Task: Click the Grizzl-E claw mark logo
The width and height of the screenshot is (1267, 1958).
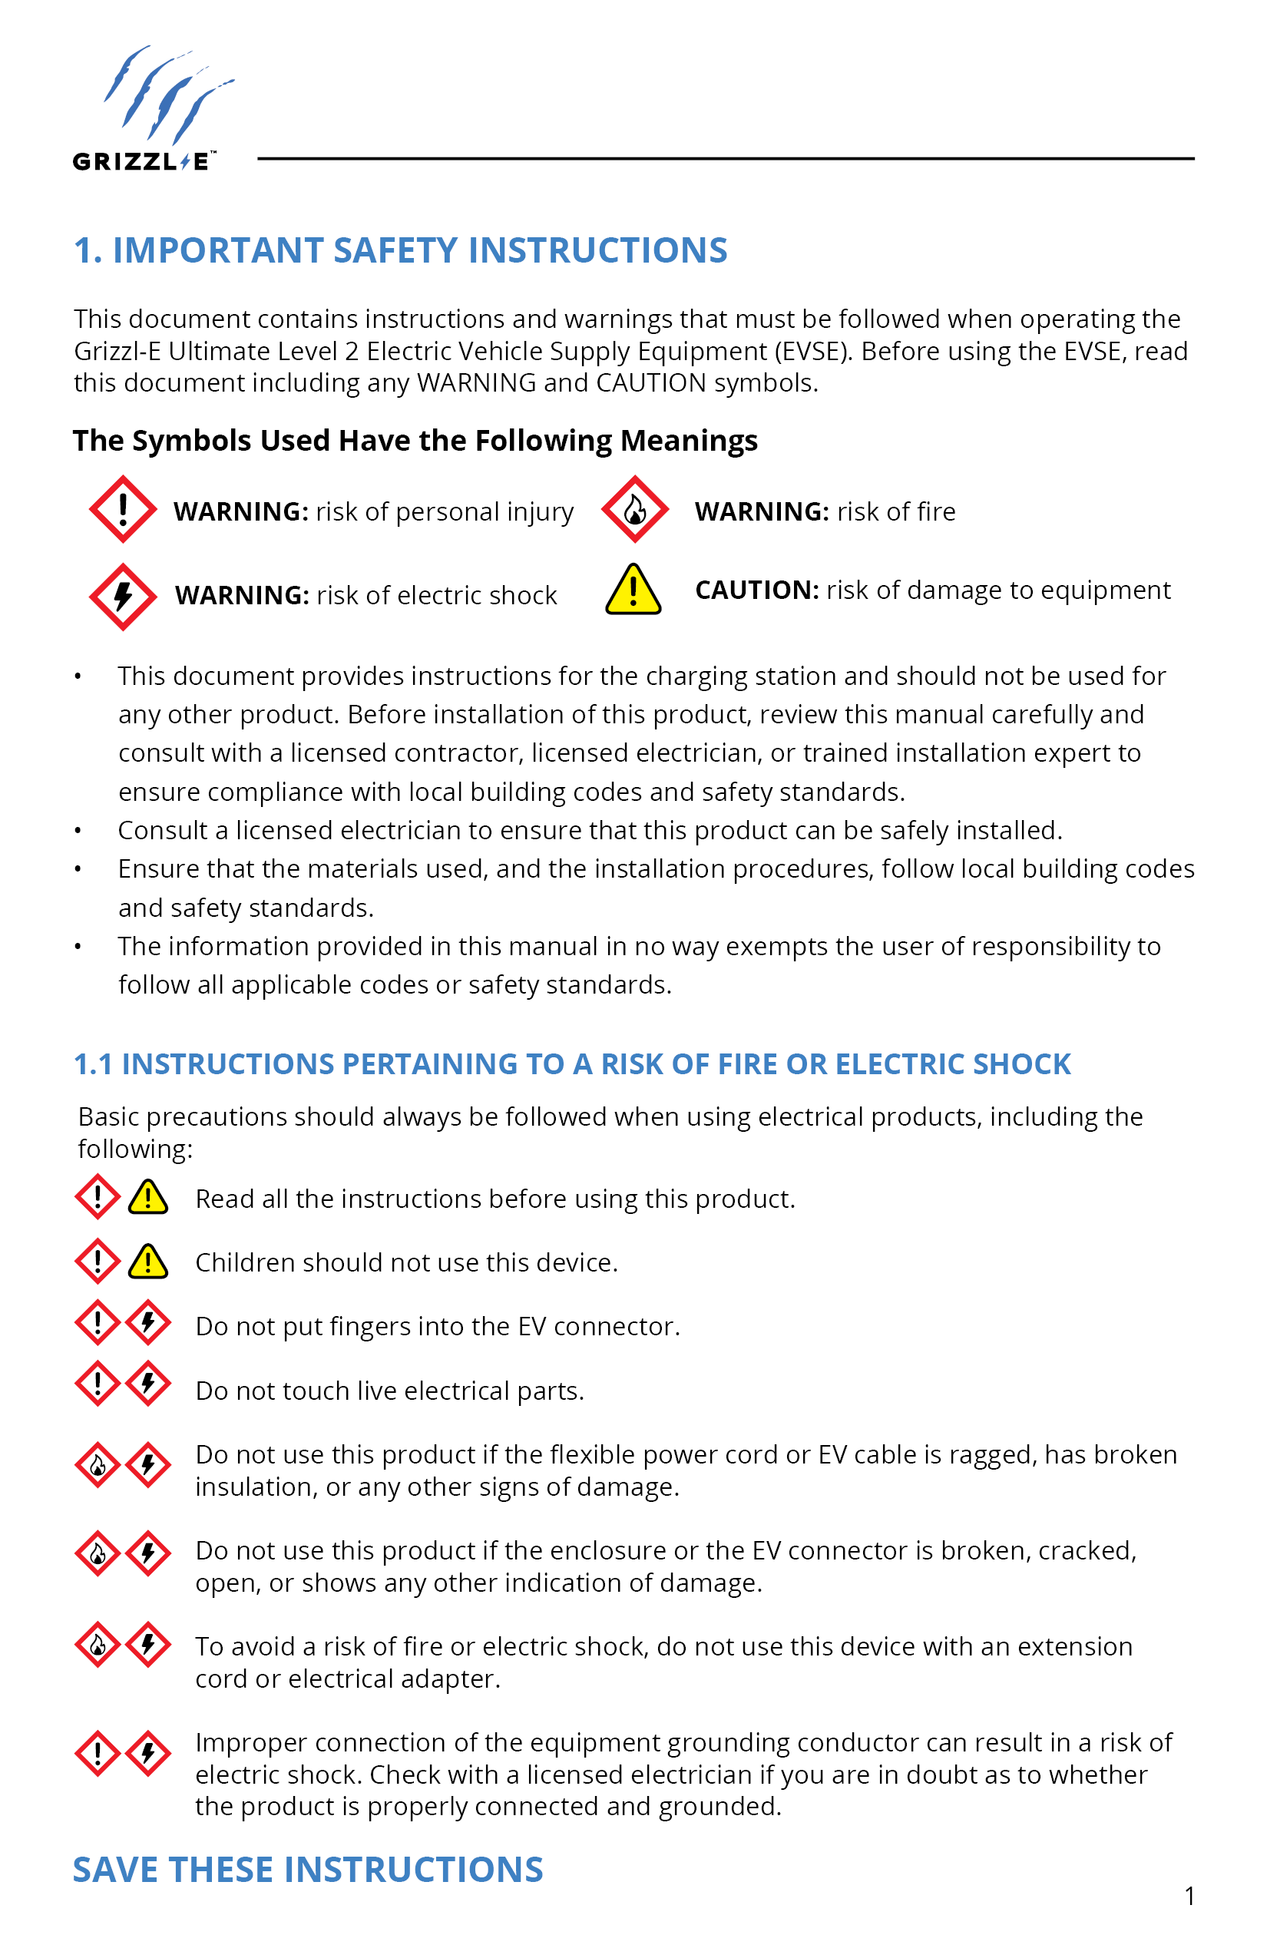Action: point(164,94)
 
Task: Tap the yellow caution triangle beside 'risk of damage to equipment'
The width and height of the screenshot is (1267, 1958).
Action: point(633,590)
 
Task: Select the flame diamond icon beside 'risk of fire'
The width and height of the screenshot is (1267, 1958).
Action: point(634,509)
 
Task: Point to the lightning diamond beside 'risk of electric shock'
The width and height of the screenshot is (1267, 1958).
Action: point(123,597)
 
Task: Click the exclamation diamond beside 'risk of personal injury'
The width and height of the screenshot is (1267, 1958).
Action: point(123,509)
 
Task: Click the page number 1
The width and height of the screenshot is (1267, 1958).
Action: point(1189,1897)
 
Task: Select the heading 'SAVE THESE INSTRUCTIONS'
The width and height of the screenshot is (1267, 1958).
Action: point(308,1869)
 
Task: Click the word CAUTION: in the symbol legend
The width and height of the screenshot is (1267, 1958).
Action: point(756,590)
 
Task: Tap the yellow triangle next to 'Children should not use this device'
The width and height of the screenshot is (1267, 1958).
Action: point(148,1262)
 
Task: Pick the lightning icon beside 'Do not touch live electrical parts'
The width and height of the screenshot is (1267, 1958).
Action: point(148,1384)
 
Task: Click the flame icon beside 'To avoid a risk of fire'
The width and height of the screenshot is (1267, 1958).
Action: point(98,1645)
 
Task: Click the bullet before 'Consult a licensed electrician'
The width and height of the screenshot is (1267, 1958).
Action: point(78,831)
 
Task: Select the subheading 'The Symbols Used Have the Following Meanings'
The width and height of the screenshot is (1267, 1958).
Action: point(415,441)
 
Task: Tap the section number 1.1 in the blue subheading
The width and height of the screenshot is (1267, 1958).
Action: point(93,1063)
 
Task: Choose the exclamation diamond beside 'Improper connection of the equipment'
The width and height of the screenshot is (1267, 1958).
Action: point(98,1753)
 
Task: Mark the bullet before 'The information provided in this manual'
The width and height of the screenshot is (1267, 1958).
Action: point(78,947)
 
